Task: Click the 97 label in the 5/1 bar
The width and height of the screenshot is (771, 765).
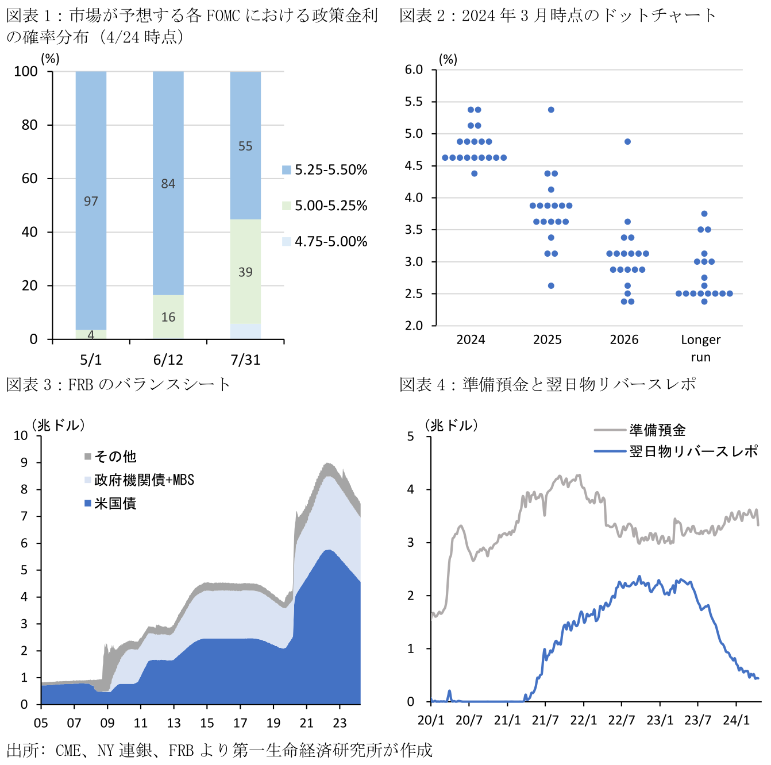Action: click(x=91, y=201)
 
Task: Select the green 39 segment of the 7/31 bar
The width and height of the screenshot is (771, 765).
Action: click(x=245, y=272)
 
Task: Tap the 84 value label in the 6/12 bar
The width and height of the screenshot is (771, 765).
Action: click(x=168, y=184)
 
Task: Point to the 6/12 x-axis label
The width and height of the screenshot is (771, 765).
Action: click(x=168, y=360)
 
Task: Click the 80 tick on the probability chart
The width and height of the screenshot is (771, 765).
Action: click(x=30, y=125)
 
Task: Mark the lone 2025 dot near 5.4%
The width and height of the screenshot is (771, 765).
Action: click(x=551, y=110)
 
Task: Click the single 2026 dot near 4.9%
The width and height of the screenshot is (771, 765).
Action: click(x=627, y=142)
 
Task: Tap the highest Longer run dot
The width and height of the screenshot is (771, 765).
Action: click(x=704, y=214)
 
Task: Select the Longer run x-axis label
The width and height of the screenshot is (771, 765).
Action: click(x=700, y=348)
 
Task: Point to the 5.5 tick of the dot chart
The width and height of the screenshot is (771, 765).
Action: click(x=414, y=102)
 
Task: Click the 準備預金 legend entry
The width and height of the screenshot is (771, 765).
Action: click(x=657, y=430)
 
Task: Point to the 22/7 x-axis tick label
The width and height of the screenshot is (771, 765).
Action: click(x=622, y=720)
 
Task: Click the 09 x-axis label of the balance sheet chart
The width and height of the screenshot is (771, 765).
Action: click(x=107, y=723)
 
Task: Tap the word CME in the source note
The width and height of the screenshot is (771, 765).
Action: click(x=68, y=751)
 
